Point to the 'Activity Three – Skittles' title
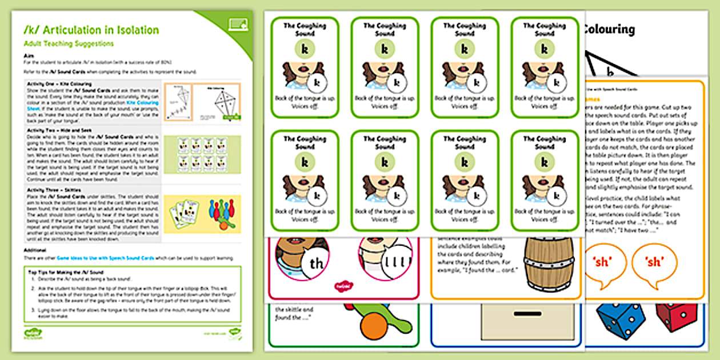tap(55, 187)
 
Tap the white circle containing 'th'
tap(301, 263)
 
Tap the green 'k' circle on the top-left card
tap(305, 50)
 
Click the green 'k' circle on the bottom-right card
tap(544, 162)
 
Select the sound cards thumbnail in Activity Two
tap(202, 155)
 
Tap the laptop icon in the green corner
tap(237, 23)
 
